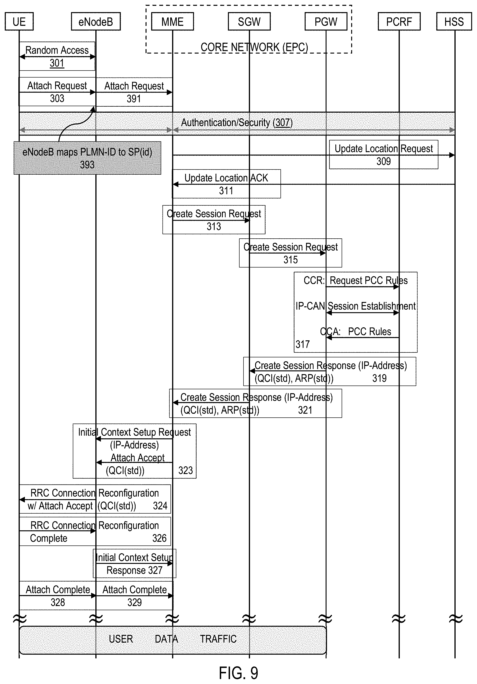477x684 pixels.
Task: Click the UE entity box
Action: tap(19, 21)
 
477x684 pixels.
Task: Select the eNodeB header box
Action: tap(96, 21)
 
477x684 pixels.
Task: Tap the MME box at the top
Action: tap(172, 21)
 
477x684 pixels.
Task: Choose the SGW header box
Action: tap(249, 21)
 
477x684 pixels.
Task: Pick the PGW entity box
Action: tap(326, 21)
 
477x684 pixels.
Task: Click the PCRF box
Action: tap(399, 21)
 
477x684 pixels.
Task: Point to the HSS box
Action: tap(454, 21)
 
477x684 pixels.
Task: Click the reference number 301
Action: tap(57, 63)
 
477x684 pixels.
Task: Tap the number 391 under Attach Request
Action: tap(133, 99)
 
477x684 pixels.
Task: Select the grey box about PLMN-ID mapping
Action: tap(87, 158)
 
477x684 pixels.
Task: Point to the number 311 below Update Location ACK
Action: tap(226, 191)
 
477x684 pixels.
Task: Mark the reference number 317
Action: tap(302, 344)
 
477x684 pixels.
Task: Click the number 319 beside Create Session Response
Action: tap(379, 378)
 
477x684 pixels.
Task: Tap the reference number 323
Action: tap(185, 471)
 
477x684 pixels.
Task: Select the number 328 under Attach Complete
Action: tap(57, 602)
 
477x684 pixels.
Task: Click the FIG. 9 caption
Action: tap(238, 673)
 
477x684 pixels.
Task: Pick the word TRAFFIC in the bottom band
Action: tap(218, 639)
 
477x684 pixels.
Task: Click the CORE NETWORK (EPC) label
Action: tap(254, 47)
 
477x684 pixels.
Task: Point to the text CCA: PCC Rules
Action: tap(355, 332)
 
